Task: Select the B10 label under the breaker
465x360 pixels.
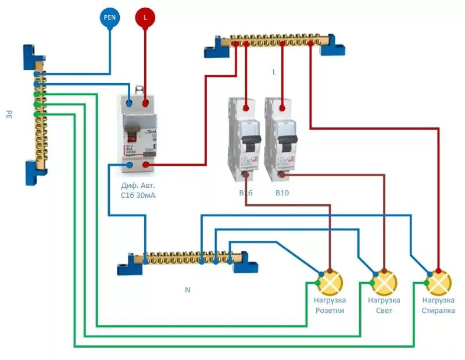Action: (283, 192)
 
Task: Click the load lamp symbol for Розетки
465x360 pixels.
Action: (330, 283)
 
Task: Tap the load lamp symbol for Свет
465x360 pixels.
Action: (384, 283)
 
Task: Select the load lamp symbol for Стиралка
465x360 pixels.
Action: (439, 283)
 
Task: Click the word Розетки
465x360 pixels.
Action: (330, 311)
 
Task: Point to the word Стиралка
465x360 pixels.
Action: (438, 311)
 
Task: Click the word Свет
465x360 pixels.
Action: (384, 311)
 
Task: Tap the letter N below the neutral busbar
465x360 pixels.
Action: (187, 289)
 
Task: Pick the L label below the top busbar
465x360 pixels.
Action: (274, 72)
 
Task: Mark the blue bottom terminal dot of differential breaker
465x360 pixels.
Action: (130, 166)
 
